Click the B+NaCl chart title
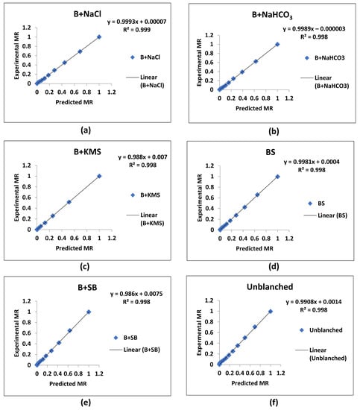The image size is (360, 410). (87, 14)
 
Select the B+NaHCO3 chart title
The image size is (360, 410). (272, 15)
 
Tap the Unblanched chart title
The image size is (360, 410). (270, 287)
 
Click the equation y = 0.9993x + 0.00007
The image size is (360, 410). (136, 22)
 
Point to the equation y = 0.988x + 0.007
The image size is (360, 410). (142, 157)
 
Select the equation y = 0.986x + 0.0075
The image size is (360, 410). (136, 294)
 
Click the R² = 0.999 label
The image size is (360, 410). (136, 30)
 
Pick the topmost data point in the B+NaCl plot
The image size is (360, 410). (99, 37)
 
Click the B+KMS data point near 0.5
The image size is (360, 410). (69, 202)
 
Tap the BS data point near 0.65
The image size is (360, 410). (258, 195)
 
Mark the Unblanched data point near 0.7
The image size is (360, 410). (255, 327)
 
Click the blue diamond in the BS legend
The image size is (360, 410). (310, 204)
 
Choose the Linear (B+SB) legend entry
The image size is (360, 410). (135, 350)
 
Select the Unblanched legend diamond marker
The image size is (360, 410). (302, 330)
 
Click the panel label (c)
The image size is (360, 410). (85, 267)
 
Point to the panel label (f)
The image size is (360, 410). (274, 402)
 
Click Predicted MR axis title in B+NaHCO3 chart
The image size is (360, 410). (254, 108)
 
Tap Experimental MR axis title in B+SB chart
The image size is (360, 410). (17, 333)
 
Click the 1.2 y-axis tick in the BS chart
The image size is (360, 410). (209, 165)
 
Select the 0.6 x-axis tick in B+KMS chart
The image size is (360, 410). (75, 239)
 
